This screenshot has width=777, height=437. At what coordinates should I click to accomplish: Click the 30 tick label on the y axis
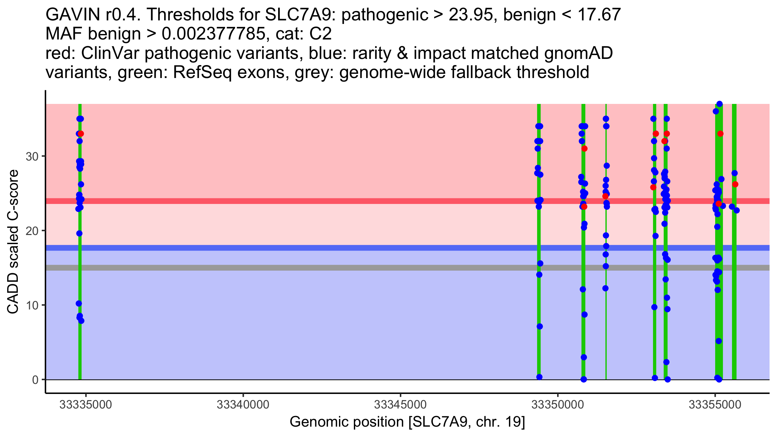(x=32, y=157)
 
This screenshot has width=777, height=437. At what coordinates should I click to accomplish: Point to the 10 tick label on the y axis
(x=32, y=305)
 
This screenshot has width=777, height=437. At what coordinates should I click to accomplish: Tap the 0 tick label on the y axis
(x=35, y=380)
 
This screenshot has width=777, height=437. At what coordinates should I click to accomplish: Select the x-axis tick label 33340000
(x=243, y=405)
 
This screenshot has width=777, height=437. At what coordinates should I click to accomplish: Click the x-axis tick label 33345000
(x=400, y=405)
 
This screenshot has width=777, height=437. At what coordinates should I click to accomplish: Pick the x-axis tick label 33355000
(x=715, y=405)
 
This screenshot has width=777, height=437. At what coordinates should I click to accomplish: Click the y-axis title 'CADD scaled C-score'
(x=13, y=242)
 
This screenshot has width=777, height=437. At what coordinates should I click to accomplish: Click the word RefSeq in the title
(x=202, y=72)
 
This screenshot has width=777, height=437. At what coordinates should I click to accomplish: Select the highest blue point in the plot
(x=719, y=104)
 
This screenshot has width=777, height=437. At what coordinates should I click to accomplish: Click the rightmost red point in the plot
(x=735, y=185)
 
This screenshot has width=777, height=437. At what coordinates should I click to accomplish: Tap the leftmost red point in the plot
(x=81, y=134)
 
